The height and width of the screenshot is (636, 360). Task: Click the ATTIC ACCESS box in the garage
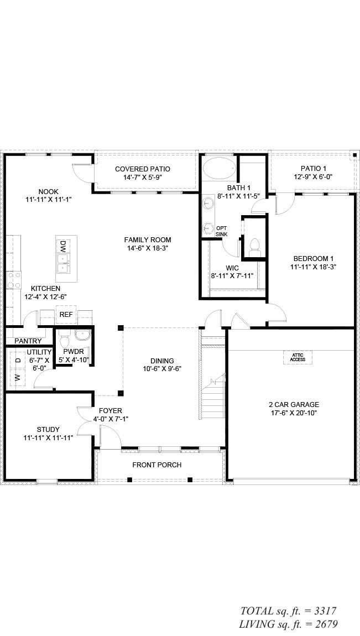pyautogui.click(x=298, y=357)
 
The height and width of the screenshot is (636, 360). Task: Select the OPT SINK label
pyautogui.click(x=221, y=231)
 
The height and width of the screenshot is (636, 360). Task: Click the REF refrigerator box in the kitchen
pyautogui.click(x=66, y=315)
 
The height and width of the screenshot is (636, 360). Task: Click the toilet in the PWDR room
pyautogui.click(x=64, y=337)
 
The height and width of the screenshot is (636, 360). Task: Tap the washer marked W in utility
pyautogui.click(x=17, y=378)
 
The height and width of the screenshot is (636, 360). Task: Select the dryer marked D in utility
pyautogui.click(x=17, y=360)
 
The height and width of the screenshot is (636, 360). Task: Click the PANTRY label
pyautogui.click(x=27, y=341)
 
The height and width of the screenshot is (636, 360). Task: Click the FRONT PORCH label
pyautogui.click(x=156, y=465)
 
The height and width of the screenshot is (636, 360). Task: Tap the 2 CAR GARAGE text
pyautogui.click(x=293, y=404)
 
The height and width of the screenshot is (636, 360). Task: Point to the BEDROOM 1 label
pyautogui.click(x=313, y=258)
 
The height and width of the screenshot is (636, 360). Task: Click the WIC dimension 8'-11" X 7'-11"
pyautogui.click(x=232, y=276)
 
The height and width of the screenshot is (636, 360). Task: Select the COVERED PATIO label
pyautogui.click(x=142, y=169)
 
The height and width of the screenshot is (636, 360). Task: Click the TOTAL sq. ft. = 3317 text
pyautogui.click(x=288, y=611)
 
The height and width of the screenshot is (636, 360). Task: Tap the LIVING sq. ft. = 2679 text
pyautogui.click(x=288, y=624)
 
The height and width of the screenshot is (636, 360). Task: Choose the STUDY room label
pyautogui.click(x=48, y=429)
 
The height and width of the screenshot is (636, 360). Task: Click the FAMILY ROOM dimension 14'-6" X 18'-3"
pyautogui.click(x=147, y=248)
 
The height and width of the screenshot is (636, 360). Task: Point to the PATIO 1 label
pyautogui.click(x=313, y=169)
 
